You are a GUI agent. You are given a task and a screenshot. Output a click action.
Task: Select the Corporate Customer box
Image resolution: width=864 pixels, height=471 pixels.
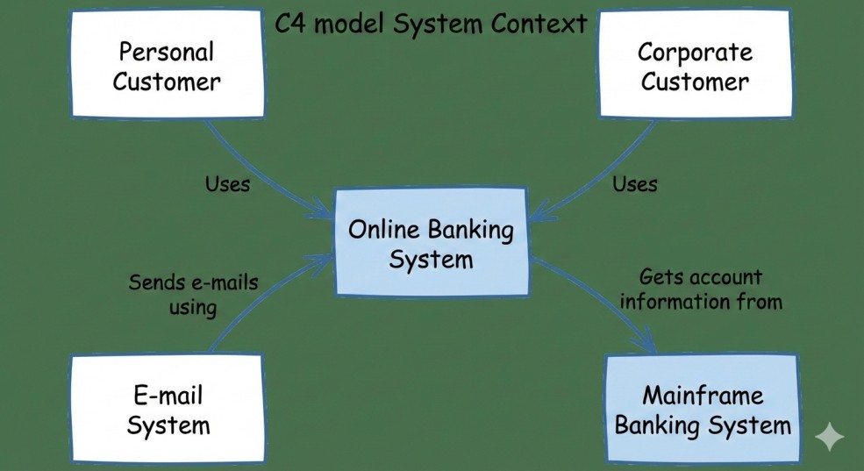click(694, 67)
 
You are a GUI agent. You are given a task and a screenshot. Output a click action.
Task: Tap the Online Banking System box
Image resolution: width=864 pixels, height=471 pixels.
click(431, 244)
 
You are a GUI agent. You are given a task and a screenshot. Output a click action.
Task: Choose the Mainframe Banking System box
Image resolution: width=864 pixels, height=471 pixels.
click(702, 410)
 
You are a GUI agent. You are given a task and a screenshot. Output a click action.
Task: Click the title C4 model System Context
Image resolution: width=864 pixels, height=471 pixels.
click(431, 24)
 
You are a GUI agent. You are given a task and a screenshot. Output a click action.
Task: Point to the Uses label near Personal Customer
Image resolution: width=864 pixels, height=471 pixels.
click(227, 184)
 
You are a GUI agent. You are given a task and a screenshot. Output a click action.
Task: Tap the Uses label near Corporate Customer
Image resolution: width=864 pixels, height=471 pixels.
click(634, 184)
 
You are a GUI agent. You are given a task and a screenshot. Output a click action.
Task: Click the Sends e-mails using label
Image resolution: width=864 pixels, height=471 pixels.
click(193, 295)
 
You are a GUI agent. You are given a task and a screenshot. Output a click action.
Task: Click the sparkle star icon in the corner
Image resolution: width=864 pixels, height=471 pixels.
click(829, 437)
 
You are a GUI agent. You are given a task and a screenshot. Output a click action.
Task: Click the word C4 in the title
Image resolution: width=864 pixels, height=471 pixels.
click(291, 24)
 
